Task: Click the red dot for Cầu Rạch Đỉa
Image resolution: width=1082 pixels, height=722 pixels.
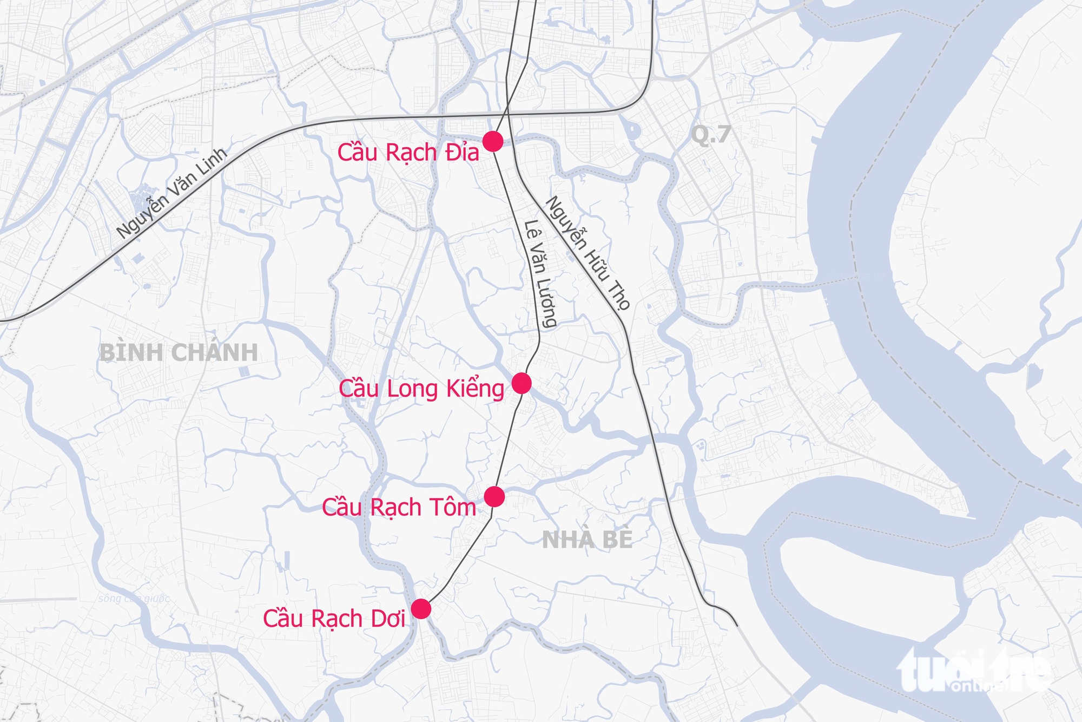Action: click(x=493, y=141)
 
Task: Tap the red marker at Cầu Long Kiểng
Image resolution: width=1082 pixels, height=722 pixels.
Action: click(x=522, y=383)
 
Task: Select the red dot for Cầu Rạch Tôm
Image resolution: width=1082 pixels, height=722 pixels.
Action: click(x=494, y=496)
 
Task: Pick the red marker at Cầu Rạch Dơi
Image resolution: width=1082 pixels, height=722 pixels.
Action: click(x=421, y=609)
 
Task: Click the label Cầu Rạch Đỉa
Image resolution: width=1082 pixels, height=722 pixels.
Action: click(x=408, y=153)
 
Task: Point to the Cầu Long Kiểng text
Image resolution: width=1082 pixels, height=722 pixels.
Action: click(x=421, y=389)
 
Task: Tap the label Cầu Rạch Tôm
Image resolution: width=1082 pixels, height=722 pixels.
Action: click(x=399, y=507)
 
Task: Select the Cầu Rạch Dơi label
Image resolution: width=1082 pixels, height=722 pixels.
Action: click(x=334, y=619)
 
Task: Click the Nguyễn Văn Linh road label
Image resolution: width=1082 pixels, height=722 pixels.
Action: click(x=171, y=193)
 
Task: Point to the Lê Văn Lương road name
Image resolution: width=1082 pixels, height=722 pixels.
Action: click(x=540, y=274)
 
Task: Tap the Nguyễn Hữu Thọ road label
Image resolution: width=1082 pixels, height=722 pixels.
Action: click(x=588, y=253)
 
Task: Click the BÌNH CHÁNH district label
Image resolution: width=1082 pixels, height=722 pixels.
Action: click(x=179, y=353)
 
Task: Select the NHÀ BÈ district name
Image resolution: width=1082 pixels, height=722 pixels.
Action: click(x=587, y=540)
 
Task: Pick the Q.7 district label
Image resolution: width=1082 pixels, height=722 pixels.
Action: click(x=711, y=134)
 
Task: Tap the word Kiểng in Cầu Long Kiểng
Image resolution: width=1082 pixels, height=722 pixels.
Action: click(x=475, y=389)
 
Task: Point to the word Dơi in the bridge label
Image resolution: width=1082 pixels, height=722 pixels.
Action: click(x=387, y=619)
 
